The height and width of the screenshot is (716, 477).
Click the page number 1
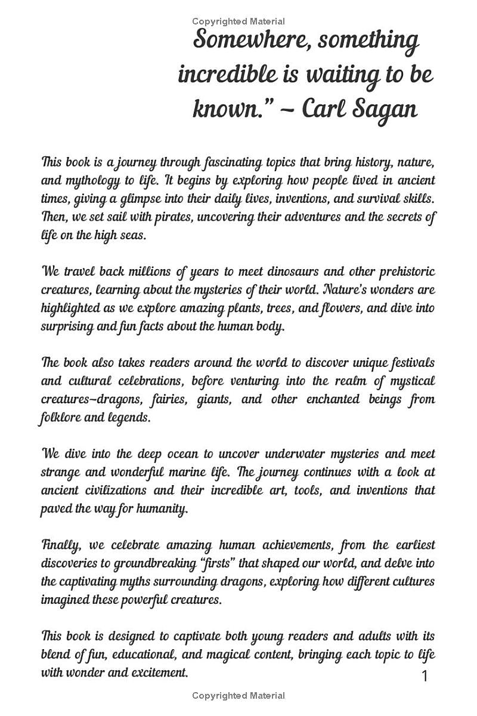coord(425,676)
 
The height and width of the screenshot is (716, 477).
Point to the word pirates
coord(196,217)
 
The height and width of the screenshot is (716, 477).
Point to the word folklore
coord(62,418)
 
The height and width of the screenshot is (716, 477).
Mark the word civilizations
coord(109,490)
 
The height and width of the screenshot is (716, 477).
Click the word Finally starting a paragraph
coord(59,545)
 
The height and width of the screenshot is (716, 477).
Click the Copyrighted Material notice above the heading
coord(238,21)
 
